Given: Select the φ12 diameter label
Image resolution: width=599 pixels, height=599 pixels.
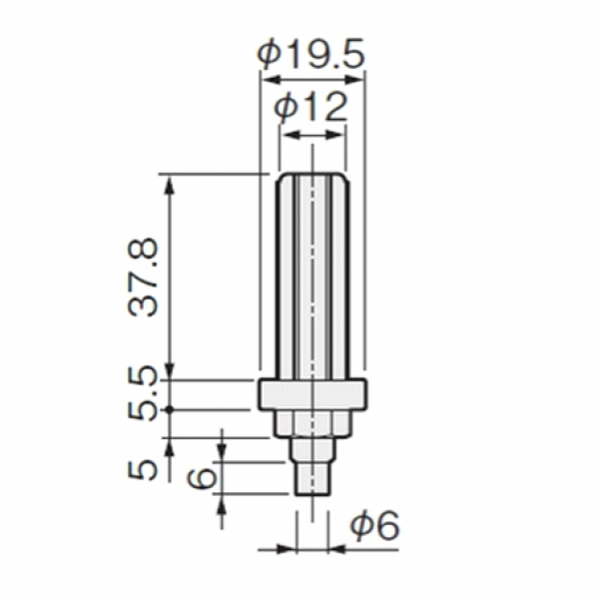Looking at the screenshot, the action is pos(310,108).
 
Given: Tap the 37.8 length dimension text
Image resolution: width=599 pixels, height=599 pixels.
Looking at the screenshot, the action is pos(143,277).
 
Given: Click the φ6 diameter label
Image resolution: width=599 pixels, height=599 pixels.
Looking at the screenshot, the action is pos(374,525).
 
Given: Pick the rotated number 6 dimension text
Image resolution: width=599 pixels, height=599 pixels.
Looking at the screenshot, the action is pos(203,478).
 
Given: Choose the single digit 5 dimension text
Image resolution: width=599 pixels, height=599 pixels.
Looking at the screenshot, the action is pos(142,469).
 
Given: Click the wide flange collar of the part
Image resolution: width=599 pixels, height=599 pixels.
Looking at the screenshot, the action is pos(312,394).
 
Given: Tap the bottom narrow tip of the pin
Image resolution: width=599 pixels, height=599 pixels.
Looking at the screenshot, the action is pos(312,479).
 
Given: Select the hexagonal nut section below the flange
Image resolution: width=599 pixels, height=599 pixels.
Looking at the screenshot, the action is pos(312,423).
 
